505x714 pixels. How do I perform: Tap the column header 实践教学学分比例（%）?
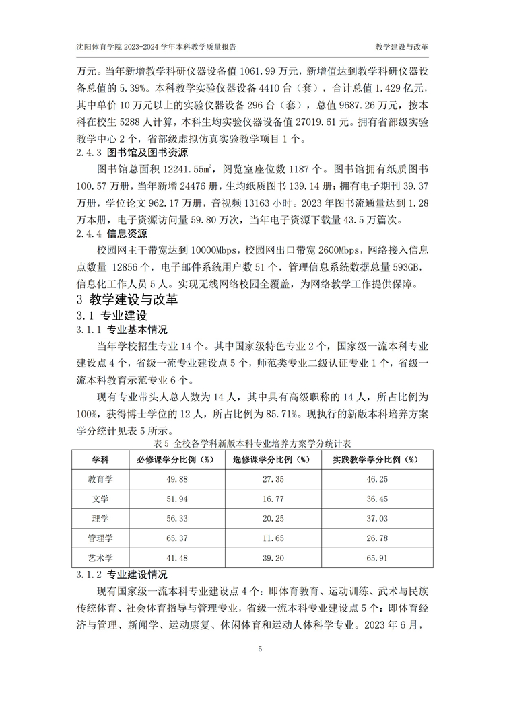point(376,460)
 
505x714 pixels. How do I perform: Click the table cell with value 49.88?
point(171,479)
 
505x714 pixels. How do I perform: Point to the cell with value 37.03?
point(376,519)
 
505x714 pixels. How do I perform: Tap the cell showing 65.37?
point(171,538)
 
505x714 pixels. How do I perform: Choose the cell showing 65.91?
point(376,558)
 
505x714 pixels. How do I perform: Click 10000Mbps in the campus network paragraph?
point(205,250)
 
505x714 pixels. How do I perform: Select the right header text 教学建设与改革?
point(402,48)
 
